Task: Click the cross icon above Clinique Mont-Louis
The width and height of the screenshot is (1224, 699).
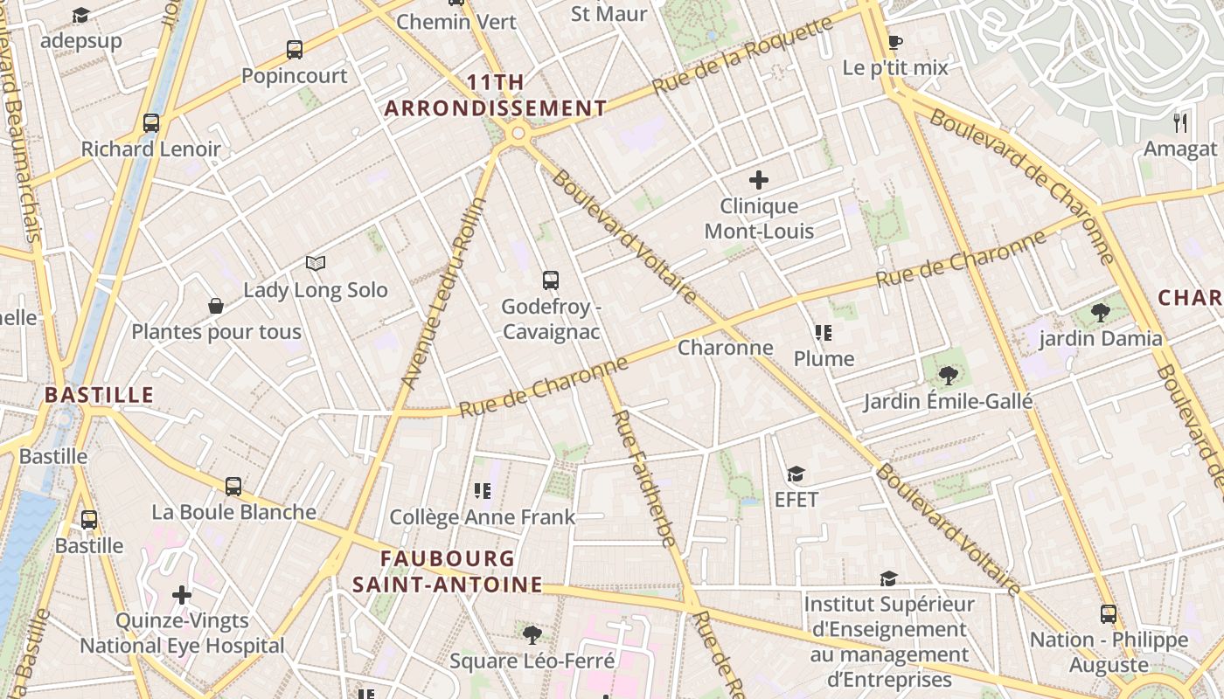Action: (x=759, y=180)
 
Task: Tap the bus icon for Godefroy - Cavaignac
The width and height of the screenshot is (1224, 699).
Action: (x=550, y=280)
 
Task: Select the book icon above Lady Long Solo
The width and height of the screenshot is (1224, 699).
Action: (x=316, y=263)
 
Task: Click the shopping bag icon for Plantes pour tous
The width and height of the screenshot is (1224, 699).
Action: (x=216, y=306)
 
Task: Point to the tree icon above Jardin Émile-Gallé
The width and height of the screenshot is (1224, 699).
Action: (x=948, y=376)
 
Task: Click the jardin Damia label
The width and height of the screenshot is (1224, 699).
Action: (x=1101, y=339)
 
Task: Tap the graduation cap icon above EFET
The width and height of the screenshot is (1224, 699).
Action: (x=796, y=474)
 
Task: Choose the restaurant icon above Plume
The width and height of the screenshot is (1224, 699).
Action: (x=823, y=333)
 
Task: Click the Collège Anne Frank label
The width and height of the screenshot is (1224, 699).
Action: (x=482, y=517)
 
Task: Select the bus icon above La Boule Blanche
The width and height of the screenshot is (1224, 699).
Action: (x=233, y=486)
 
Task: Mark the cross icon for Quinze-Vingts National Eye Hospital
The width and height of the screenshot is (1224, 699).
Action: (x=182, y=596)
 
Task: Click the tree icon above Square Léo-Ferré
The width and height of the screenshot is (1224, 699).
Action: (x=532, y=634)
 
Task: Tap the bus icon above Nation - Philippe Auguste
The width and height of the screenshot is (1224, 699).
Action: (x=1109, y=614)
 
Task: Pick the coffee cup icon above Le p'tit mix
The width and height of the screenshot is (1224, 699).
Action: (x=894, y=41)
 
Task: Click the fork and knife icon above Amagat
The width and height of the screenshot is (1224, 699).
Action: (x=1180, y=122)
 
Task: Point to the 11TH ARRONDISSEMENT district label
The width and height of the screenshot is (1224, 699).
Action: (x=496, y=95)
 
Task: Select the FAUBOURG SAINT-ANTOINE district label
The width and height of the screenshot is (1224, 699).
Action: (x=448, y=571)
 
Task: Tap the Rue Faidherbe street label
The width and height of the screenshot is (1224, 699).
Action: (x=643, y=479)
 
